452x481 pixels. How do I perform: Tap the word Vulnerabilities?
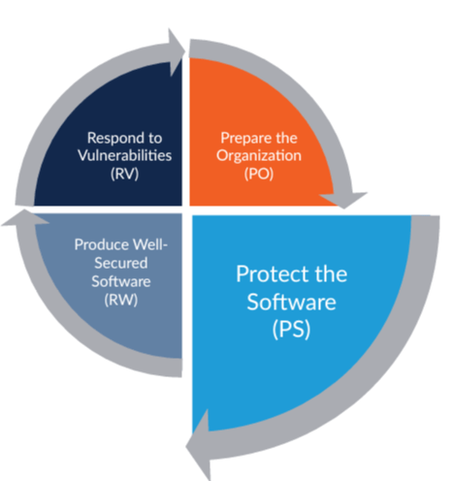tap(124, 155)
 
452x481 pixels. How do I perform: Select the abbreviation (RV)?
tap(124, 174)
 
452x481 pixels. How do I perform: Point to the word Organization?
tap(259, 155)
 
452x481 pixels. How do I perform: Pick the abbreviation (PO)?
tap(259, 174)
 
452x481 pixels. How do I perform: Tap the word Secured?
tap(121, 263)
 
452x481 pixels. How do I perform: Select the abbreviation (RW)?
tap(121, 300)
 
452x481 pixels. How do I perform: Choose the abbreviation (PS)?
tap(291, 330)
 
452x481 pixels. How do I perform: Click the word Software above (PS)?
tap(291, 302)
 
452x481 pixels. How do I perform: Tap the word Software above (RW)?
tap(121, 281)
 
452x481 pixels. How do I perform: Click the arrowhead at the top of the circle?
tap(177, 51)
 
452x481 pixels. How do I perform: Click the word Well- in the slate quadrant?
tap(150, 244)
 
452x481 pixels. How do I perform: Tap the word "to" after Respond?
tap(155, 139)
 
